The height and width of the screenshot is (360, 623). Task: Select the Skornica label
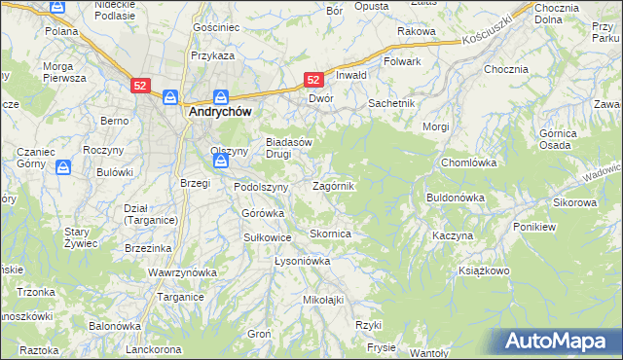[x=330, y=234]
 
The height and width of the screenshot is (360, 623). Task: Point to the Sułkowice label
[x=268, y=236]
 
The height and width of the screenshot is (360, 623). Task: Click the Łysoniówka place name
[x=303, y=261]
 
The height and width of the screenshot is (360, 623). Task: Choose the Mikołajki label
[x=324, y=299]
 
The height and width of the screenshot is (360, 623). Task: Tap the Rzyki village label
[x=367, y=324]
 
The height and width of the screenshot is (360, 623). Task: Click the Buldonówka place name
[x=456, y=198]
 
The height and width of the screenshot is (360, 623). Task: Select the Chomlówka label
[x=469, y=162]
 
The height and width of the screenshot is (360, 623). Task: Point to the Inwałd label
[x=350, y=75]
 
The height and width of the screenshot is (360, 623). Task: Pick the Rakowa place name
[x=416, y=31]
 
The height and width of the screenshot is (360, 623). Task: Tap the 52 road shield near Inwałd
[x=313, y=80]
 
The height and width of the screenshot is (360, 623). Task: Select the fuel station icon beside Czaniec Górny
[x=63, y=168]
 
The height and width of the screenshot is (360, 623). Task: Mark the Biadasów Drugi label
[x=289, y=148]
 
